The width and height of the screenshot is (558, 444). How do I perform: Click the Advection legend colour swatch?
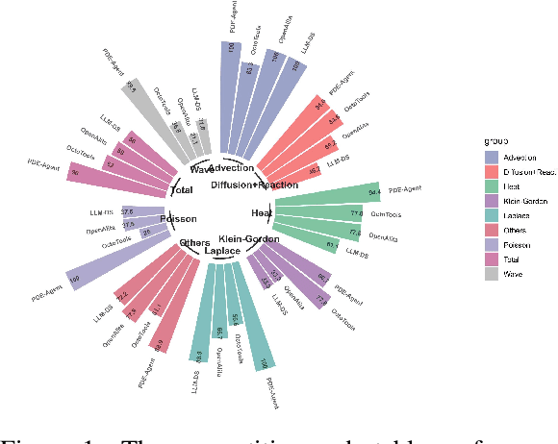[x=491, y=157]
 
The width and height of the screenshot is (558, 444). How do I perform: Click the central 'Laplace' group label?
[x=223, y=252]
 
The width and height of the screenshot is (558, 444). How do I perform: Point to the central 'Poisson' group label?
[x=178, y=218]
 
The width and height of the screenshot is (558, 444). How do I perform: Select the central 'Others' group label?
[x=194, y=243]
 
